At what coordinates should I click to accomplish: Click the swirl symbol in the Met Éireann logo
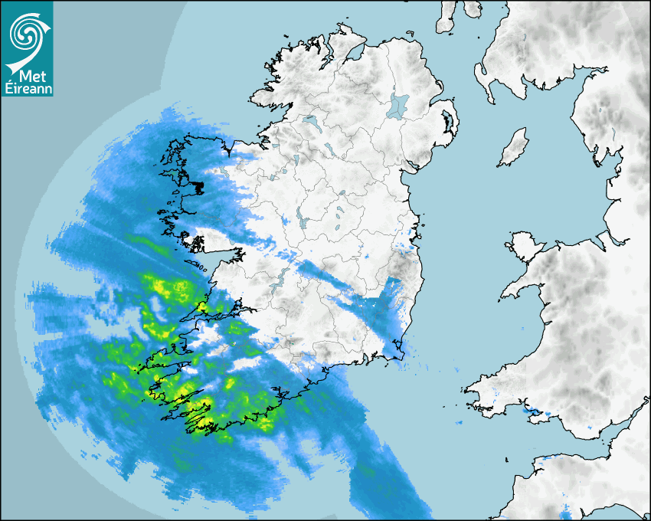pyautogui.click(x=26, y=33)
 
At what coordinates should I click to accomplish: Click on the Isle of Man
pyautogui.click(x=514, y=148)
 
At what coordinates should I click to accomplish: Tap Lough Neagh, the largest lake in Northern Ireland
pyautogui.click(x=398, y=105)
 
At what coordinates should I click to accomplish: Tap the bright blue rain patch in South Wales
pyautogui.click(x=529, y=411)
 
